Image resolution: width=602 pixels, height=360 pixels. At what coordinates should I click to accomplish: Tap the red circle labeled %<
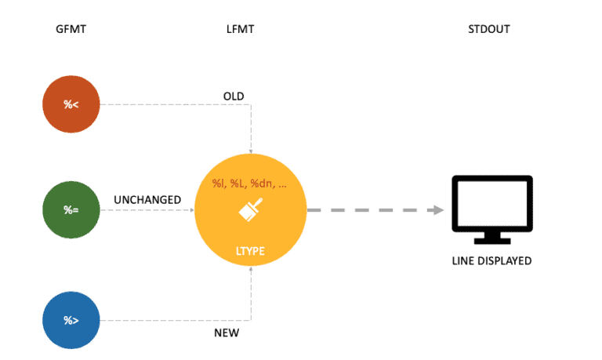(71, 104)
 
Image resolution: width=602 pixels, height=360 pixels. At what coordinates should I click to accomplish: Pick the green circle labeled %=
(71, 211)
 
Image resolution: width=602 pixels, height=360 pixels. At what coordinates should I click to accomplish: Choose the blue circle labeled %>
(71, 320)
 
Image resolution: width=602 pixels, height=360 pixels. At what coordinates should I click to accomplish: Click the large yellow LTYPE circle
(250, 211)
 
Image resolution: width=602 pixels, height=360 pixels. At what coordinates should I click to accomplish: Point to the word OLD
(234, 96)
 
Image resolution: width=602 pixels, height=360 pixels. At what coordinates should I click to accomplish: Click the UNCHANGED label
(148, 200)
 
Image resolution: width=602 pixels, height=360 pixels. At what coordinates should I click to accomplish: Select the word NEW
(227, 333)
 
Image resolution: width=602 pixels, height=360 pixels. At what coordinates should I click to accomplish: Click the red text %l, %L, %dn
(249, 184)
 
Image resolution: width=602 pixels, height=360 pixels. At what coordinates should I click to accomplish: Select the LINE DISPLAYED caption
(492, 260)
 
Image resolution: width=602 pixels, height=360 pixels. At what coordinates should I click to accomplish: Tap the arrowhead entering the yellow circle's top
(250, 152)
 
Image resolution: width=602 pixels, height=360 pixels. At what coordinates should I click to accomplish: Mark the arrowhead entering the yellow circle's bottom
(250, 269)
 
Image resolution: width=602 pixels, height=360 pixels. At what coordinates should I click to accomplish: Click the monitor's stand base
(492, 239)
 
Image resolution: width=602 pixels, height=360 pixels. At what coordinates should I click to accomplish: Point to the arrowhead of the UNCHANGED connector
(190, 211)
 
